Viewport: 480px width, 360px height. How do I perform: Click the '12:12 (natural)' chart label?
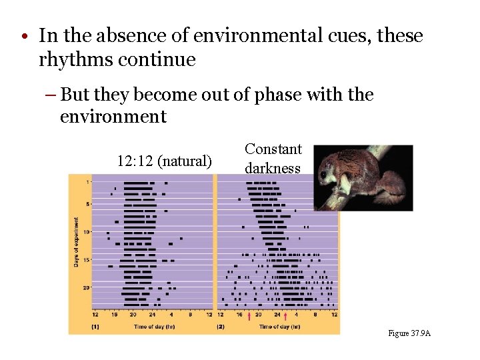point(165,161)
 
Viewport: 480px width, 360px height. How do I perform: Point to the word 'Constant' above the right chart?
point(273,149)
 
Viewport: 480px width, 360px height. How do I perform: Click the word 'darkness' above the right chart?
point(273,168)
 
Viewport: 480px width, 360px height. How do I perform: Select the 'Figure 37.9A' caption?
point(409,333)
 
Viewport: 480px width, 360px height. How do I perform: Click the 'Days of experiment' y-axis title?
point(76,243)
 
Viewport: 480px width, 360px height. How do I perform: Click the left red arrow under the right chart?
point(249,316)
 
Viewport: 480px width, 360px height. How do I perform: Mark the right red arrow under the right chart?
point(286,316)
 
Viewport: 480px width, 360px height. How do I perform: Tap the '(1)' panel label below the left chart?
point(95,327)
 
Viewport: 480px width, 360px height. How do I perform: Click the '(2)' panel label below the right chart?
point(221,327)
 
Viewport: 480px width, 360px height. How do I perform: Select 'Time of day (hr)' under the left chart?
point(154,327)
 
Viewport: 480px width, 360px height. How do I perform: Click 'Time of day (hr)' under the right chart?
point(279,327)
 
